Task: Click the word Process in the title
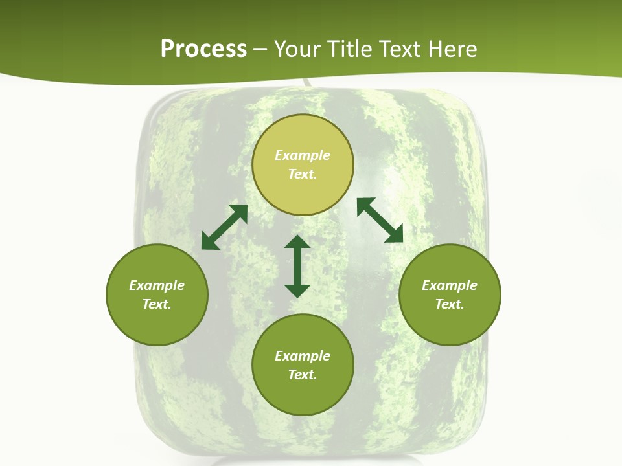pyautogui.click(x=203, y=49)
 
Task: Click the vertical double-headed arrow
pyautogui.click(x=297, y=266)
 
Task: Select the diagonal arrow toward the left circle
pyautogui.click(x=224, y=227)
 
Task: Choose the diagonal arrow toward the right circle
pyautogui.click(x=380, y=220)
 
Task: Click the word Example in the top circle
pyautogui.click(x=303, y=155)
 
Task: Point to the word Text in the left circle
pyautogui.click(x=157, y=304)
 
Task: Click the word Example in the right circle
pyautogui.click(x=450, y=285)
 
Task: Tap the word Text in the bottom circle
pyautogui.click(x=303, y=375)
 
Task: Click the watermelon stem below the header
pyautogui.click(x=305, y=83)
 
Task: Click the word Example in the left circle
pyautogui.click(x=157, y=285)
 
